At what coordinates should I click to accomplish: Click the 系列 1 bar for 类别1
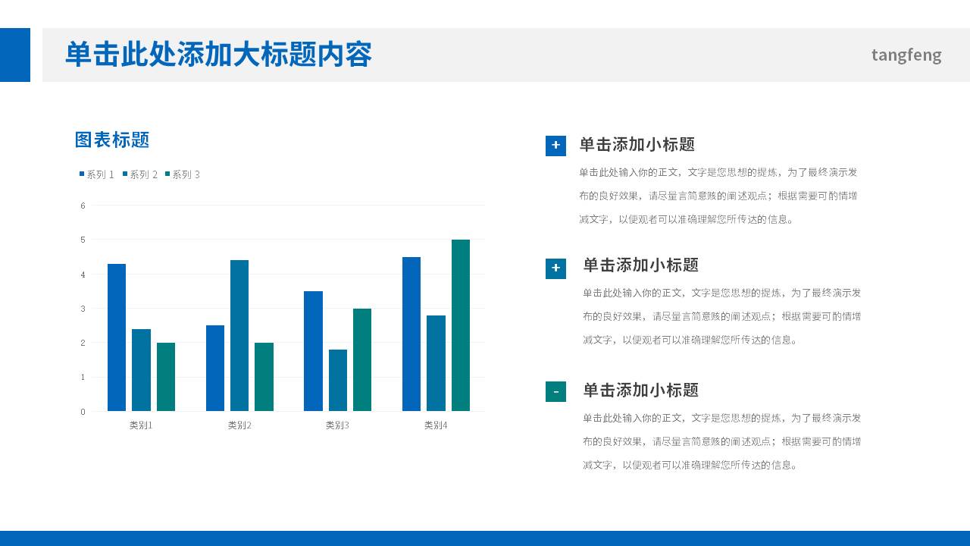pos(117,337)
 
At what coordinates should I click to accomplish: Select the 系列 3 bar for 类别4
pos(461,325)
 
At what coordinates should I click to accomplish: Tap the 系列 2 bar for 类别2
pos(239,335)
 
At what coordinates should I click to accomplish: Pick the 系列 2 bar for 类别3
pos(338,380)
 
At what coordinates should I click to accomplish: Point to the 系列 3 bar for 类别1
pos(166,377)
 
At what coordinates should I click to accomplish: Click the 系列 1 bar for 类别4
pos(411,334)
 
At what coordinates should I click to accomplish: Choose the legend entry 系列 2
pos(140,174)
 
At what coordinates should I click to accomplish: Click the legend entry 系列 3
pos(183,174)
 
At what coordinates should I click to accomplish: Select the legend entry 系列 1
pos(97,174)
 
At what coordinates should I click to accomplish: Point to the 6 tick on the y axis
pos(83,206)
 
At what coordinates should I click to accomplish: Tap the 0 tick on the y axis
pos(83,412)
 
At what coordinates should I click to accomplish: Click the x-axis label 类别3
pos(337,425)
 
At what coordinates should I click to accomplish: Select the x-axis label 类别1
pos(141,425)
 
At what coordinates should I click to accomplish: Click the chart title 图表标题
pos(112,140)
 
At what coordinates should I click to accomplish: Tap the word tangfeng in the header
pos(906,55)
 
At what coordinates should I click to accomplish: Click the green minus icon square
pos(555,392)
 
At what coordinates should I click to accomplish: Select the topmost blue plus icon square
pos(555,146)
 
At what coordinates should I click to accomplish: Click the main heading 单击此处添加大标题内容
pos(218,55)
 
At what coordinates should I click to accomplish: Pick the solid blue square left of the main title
pos(15,55)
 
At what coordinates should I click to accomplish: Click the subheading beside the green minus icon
pos(640,391)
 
